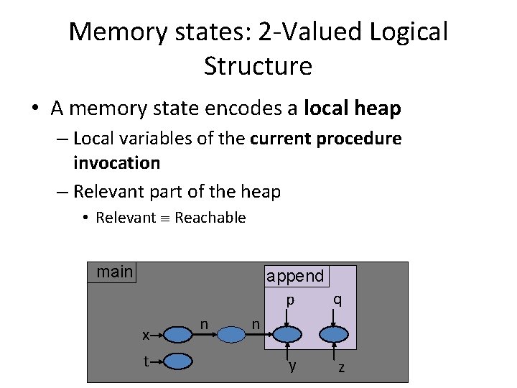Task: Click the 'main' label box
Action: tap(112, 272)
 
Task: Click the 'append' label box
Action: tap(295, 276)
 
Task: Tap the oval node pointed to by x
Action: tap(177, 334)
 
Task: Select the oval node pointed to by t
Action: tap(177, 361)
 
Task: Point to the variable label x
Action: tap(146, 336)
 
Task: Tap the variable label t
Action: tap(146, 361)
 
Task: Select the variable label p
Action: tap(289, 301)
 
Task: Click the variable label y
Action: tap(292, 367)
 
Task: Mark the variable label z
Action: tap(341, 368)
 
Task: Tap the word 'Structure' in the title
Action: tap(258, 66)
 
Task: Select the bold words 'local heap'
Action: tap(353, 108)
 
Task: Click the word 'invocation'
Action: tap(116, 162)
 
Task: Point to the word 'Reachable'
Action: tap(210, 218)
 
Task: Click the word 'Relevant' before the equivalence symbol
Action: tap(125, 218)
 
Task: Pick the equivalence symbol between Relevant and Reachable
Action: tap(164, 218)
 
